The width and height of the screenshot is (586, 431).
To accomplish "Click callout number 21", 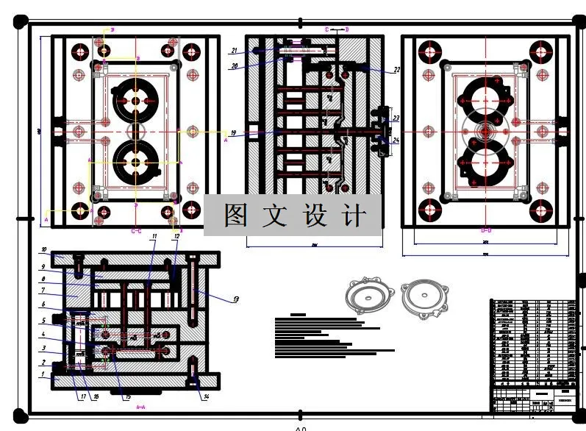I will (233, 51).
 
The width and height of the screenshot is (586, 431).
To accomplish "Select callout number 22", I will (396, 70).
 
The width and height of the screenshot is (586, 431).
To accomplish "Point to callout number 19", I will (233, 133).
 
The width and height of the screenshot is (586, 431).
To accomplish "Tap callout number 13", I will (235, 299).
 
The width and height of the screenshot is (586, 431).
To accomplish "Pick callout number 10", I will (43, 249).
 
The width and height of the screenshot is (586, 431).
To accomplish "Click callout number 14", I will (206, 398).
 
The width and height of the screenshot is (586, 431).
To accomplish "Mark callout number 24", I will (396, 140).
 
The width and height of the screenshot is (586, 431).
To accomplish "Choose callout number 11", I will (154, 236).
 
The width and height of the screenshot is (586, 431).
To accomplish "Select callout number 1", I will (43, 374).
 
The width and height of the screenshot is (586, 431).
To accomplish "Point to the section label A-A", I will (137, 405).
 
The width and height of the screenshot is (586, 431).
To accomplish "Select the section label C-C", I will (136, 231).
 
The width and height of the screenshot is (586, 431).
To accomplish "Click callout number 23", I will (396, 118).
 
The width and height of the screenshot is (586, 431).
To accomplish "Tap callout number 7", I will (43, 291).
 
